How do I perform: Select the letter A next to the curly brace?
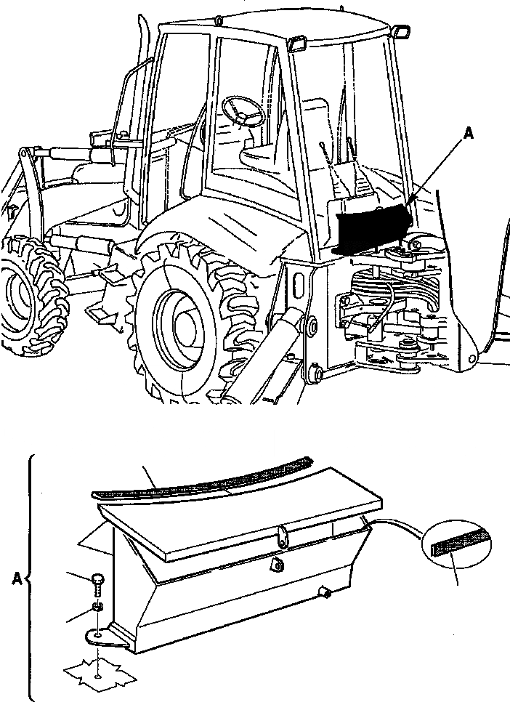[17, 578]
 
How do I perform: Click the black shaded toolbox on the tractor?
[372, 225]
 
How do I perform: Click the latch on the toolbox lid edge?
[282, 538]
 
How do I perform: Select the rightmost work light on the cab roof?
[399, 31]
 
